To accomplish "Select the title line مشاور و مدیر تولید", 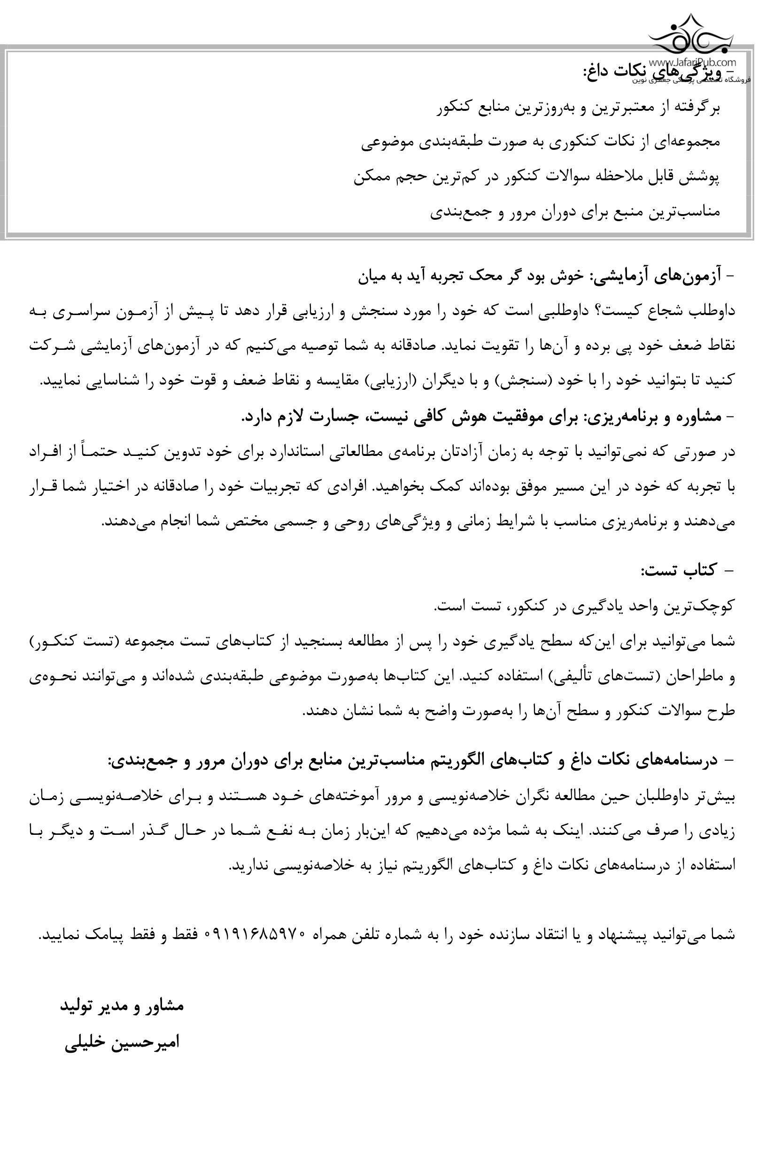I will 122,1005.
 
